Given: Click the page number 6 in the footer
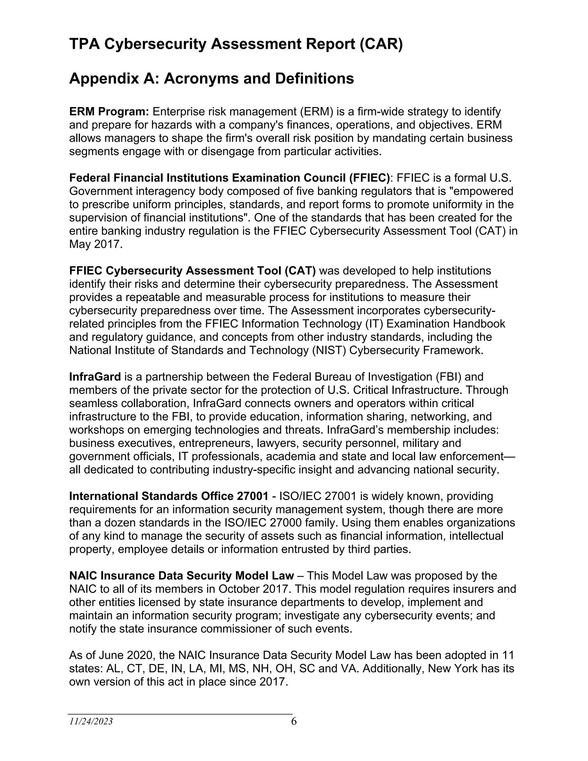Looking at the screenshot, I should click(294, 721).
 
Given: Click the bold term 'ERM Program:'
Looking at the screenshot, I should click(109, 112).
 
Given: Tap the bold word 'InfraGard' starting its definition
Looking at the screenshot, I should click(95, 377).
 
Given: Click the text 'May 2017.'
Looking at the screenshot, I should click(96, 244).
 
